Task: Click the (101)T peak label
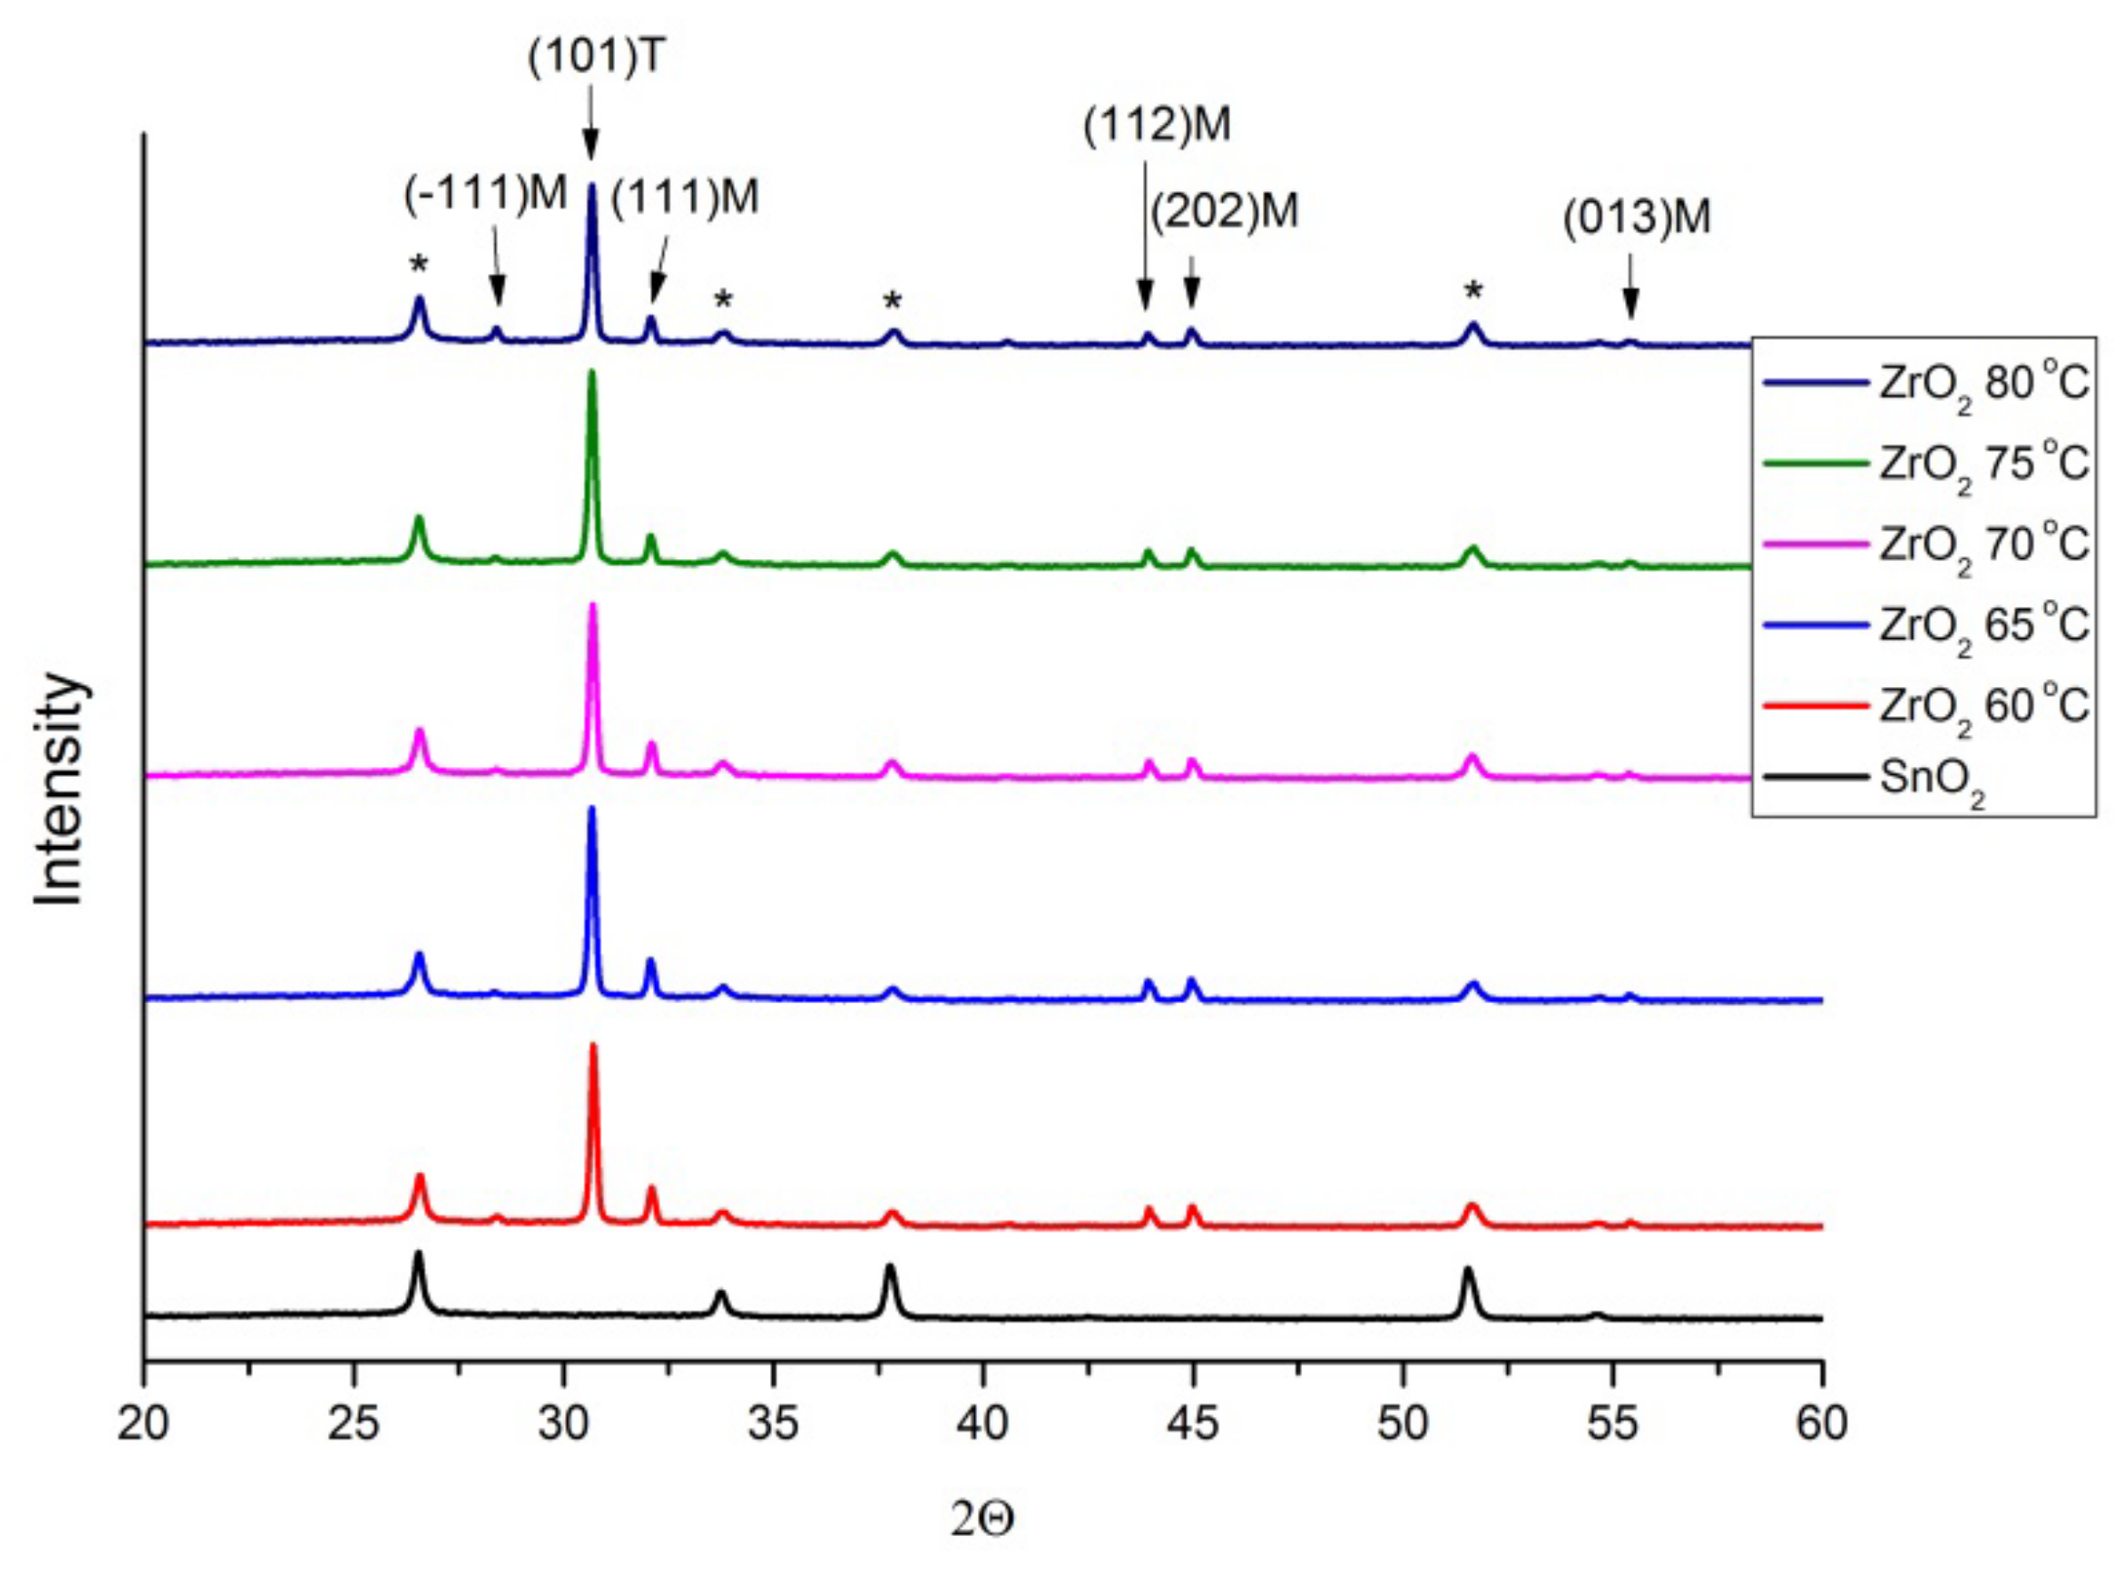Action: pyautogui.click(x=595, y=57)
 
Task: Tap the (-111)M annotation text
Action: pyautogui.click(x=485, y=193)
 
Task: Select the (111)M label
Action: pyautogui.click(x=684, y=197)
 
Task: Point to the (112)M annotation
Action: pyautogui.click(x=1157, y=125)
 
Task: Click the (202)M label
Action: pyautogui.click(x=1225, y=211)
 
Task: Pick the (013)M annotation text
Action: pyautogui.click(x=1637, y=217)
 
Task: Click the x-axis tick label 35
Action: pyautogui.click(x=773, y=1424)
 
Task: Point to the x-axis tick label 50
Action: pyautogui.click(x=1403, y=1424)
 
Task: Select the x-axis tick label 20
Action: pyautogui.click(x=143, y=1424)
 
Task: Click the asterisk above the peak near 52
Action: pyautogui.click(x=1474, y=291)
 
